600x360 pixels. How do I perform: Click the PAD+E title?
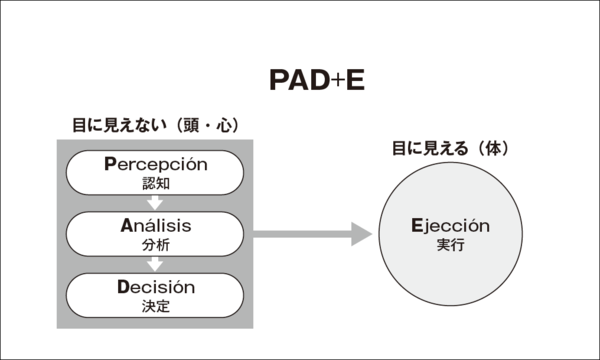coord(317,81)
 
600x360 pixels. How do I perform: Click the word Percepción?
coord(155,165)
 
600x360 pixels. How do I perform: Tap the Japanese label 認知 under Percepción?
coord(155,183)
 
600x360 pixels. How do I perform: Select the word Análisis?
coord(155,225)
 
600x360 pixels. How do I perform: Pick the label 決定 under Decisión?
coord(155,305)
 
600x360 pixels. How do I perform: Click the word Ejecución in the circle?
coord(450,226)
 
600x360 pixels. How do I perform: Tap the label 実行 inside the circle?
coord(451,245)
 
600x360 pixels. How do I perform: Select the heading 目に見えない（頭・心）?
coord(155,126)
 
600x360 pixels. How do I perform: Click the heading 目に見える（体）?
coord(450,149)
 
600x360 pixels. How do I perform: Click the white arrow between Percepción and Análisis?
coord(155,203)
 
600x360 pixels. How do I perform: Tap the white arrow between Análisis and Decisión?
coord(155,264)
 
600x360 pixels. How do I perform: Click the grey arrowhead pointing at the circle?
coord(361,236)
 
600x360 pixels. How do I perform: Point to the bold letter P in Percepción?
coord(112,165)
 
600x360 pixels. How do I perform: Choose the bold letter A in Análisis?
coord(122,225)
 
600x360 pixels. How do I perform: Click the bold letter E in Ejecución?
coord(416,226)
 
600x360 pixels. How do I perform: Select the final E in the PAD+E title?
coord(354,81)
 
